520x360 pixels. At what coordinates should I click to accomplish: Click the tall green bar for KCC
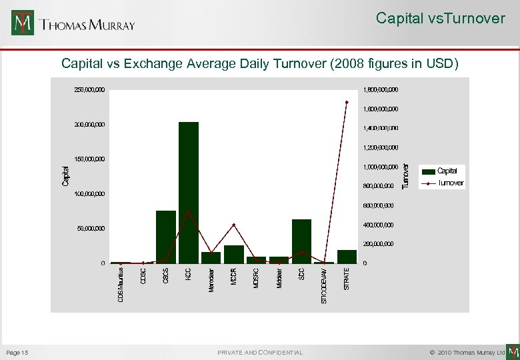click(189, 193)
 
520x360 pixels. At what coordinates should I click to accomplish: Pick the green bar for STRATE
click(347, 257)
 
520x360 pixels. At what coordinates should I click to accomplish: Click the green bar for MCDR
click(234, 255)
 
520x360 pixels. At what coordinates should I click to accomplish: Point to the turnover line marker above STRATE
click(347, 102)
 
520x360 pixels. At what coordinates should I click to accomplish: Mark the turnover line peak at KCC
click(189, 212)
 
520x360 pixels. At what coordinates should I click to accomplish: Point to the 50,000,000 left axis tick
click(91, 229)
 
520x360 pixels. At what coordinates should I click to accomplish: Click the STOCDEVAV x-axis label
click(324, 285)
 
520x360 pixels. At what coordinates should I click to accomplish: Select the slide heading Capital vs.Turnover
click(440, 19)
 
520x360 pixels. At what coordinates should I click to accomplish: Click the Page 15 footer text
click(17, 352)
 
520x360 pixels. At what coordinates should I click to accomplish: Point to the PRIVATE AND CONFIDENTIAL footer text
click(260, 352)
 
